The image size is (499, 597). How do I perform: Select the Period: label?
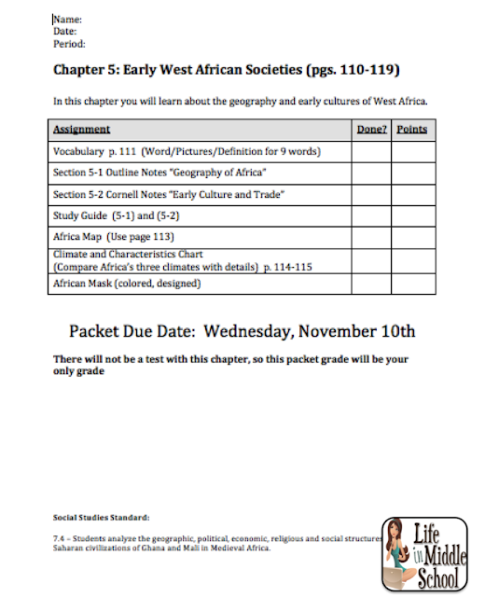point(70,43)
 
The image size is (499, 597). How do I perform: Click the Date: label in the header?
point(66,31)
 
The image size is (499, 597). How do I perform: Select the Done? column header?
point(371,130)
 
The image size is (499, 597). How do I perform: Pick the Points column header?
point(411,130)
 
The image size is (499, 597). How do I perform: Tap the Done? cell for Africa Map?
point(371,237)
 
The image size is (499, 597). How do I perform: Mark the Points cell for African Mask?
point(411,284)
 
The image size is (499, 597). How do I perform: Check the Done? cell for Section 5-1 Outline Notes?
point(371,173)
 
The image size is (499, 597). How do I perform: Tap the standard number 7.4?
point(59,539)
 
